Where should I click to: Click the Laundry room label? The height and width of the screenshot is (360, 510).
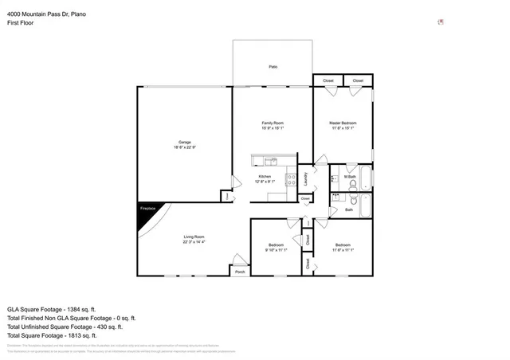pyautogui.click(x=306, y=178)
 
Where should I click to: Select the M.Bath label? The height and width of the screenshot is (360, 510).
pyautogui.click(x=350, y=177)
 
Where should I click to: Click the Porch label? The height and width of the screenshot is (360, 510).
pyautogui.click(x=239, y=272)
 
